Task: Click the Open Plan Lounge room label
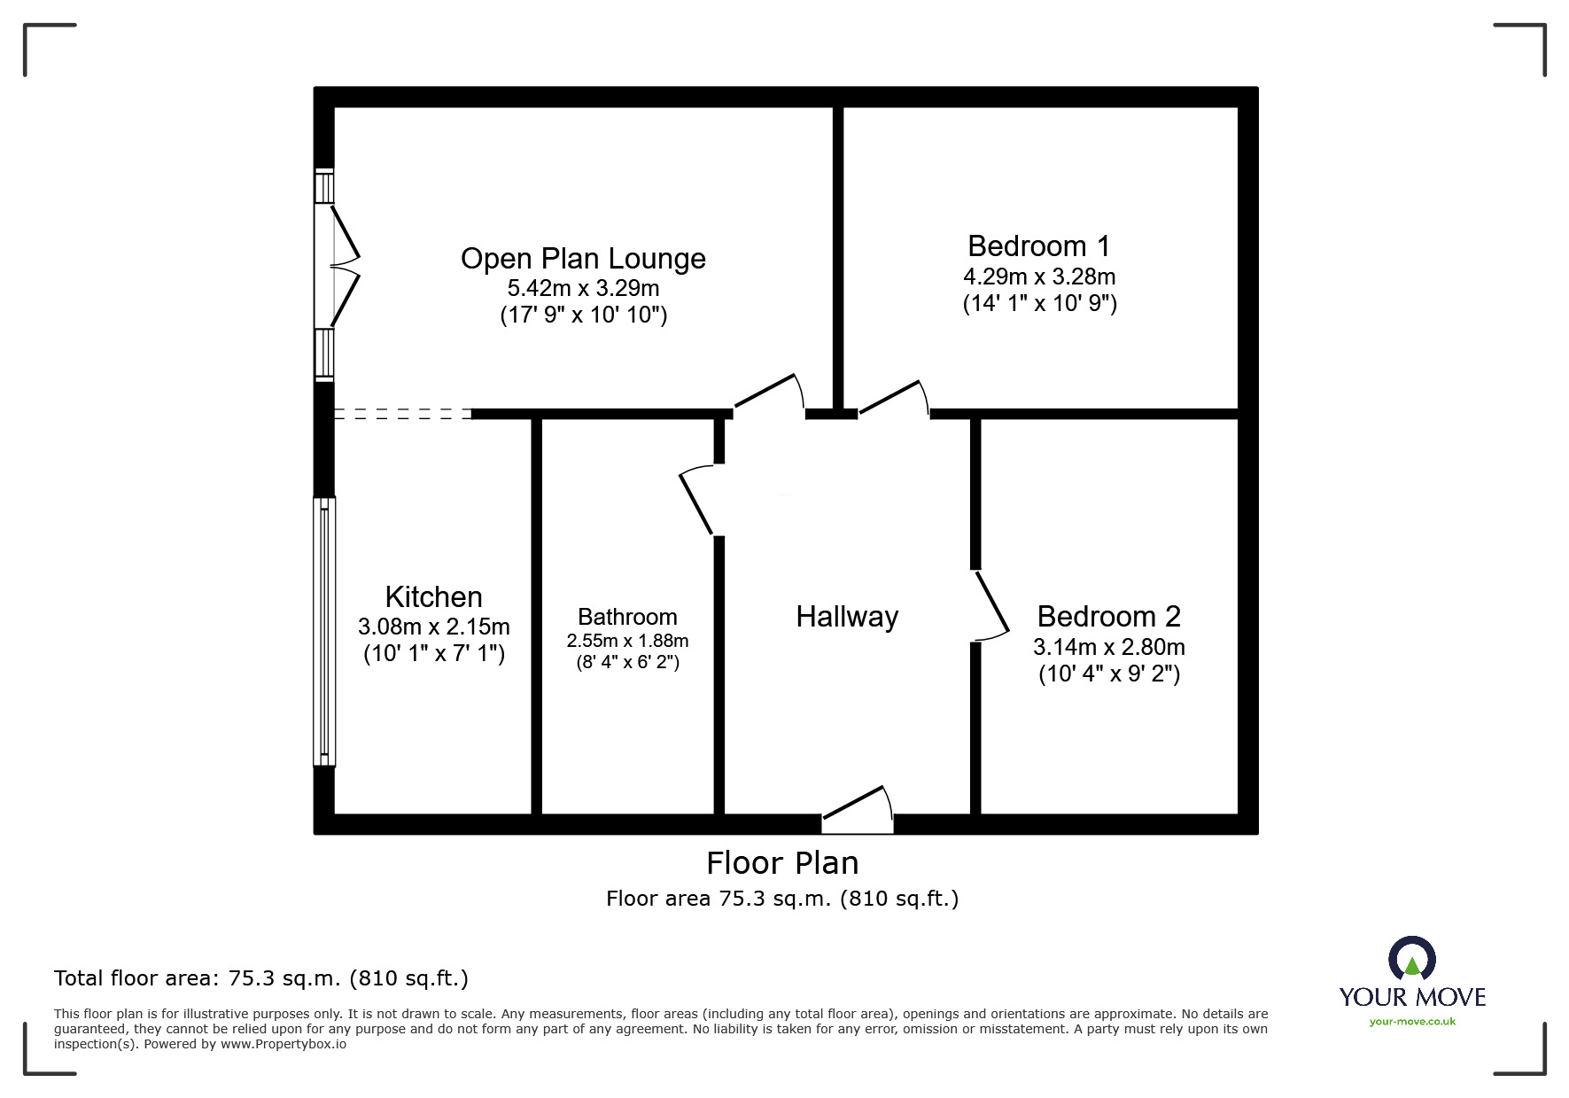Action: pyautogui.click(x=583, y=259)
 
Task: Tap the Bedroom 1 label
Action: pyautogui.click(x=1038, y=245)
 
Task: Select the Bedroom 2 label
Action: pyautogui.click(x=1108, y=616)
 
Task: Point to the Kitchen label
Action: pyautogui.click(x=433, y=596)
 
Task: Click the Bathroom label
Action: pyautogui.click(x=627, y=617)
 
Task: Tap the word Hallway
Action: pyautogui.click(x=847, y=616)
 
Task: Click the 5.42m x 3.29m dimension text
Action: pyautogui.click(x=583, y=288)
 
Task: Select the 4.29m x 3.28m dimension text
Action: pyautogui.click(x=1038, y=276)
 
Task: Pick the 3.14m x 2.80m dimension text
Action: pyautogui.click(x=1108, y=647)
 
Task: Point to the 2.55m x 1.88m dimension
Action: pyautogui.click(x=627, y=641)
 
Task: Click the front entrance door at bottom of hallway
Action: pyautogui.click(x=857, y=811)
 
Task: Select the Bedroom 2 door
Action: pyautogui.click(x=991, y=605)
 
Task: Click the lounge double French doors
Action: pyautogui.click(x=344, y=266)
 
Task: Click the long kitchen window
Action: pyautogui.click(x=325, y=631)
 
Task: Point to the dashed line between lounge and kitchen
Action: pyautogui.click(x=403, y=414)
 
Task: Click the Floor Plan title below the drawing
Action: pyautogui.click(x=782, y=863)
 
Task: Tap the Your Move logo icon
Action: pyautogui.click(x=1411, y=959)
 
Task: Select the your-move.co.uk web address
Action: pyautogui.click(x=1412, y=1022)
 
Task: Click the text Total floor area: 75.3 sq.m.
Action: pyautogui.click(x=261, y=978)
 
